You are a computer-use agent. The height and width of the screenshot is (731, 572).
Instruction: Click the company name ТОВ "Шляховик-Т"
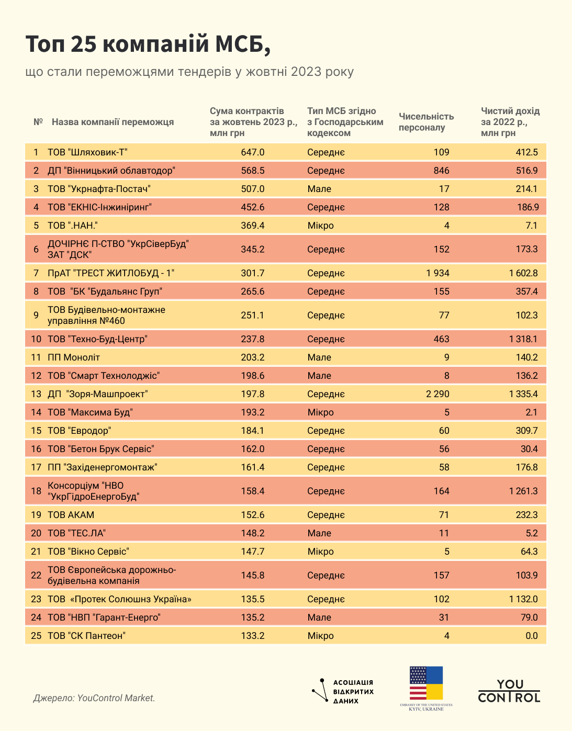[87, 152]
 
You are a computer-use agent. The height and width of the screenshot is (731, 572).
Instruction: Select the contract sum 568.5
[253, 171]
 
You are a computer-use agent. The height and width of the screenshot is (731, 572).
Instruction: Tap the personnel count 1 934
[438, 273]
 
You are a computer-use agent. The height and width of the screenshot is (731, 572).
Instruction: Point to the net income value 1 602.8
[523, 273]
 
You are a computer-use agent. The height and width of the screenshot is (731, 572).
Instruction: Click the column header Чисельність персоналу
[426, 122]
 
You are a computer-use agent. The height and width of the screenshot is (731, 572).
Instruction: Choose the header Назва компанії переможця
[113, 122]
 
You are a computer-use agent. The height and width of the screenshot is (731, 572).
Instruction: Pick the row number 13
[36, 394]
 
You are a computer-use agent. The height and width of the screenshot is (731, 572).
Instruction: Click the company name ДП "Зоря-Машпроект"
[98, 394]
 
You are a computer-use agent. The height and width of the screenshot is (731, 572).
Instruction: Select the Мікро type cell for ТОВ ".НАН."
[320, 226]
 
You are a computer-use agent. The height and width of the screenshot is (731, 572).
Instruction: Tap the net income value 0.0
[531, 636]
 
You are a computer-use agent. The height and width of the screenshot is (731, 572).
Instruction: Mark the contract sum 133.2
[253, 636]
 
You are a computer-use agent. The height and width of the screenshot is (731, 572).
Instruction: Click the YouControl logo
[509, 691]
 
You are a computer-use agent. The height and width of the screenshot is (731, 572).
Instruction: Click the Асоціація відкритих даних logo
[343, 691]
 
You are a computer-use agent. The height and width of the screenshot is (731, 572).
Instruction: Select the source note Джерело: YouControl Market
[94, 698]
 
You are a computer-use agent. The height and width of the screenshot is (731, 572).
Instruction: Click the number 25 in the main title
[83, 45]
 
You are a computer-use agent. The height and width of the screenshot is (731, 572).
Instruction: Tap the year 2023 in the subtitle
[306, 72]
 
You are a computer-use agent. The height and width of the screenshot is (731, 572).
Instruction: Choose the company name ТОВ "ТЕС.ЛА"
[77, 533]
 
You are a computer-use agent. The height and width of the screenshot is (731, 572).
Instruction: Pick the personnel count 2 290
[438, 394]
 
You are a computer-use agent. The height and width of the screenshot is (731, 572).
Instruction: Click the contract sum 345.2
[253, 249]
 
